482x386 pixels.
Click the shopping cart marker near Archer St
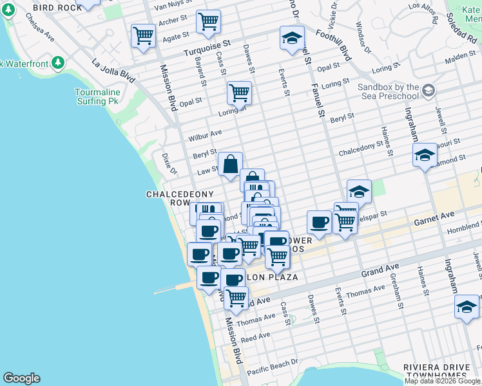(x=208, y=21)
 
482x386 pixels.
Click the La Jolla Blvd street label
(x=114, y=71)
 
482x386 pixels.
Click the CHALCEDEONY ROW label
(x=169, y=198)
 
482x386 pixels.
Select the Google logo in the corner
(x=21, y=378)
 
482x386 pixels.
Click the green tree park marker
(x=58, y=62)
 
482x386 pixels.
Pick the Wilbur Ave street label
(x=205, y=136)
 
